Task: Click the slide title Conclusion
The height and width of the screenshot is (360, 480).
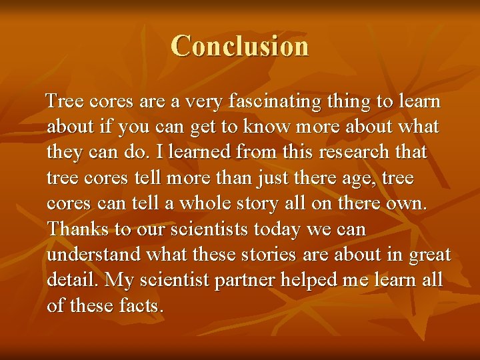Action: tap(239, 46)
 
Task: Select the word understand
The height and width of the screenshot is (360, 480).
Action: tap(94, 255)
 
